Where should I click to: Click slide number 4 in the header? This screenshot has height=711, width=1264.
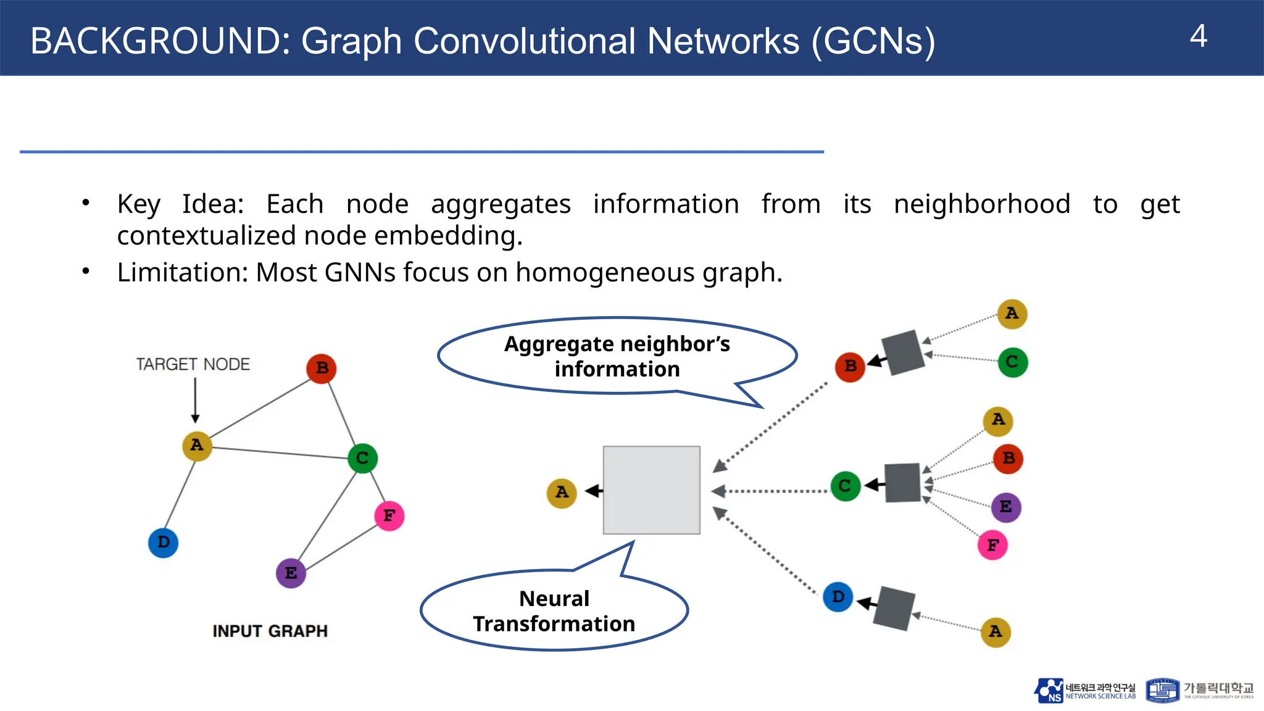1198,36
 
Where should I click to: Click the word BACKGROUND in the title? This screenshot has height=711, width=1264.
160,41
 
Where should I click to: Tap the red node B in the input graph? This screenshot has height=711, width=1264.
322,368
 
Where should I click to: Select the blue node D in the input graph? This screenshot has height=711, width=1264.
164,543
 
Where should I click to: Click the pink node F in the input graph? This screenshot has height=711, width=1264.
389,515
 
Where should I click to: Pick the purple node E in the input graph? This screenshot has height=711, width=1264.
291,573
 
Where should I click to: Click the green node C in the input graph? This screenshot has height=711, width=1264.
362,458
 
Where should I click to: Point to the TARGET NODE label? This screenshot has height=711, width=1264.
193,364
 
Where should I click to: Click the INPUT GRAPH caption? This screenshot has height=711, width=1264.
270,631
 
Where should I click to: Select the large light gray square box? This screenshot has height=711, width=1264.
651,490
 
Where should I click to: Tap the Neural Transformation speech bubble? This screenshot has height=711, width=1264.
554,610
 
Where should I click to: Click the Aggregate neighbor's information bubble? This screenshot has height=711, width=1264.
617,356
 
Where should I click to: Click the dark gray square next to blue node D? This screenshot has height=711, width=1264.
894,608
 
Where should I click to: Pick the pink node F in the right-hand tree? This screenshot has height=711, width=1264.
992,545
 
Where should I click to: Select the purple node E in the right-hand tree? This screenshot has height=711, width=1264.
1006,507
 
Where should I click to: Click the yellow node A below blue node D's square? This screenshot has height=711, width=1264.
996,631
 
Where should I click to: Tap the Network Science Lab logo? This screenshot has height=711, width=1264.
1084,691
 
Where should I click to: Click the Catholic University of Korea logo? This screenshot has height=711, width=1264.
1200,690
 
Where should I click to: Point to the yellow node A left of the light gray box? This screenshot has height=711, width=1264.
562,493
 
